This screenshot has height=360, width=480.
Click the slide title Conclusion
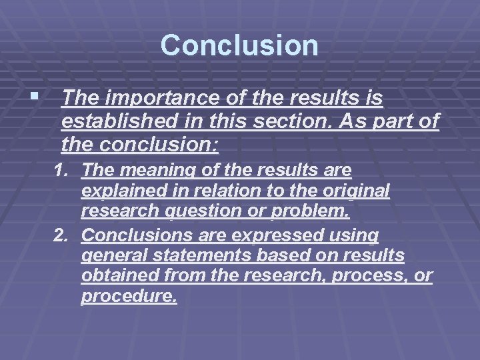point(239,45)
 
